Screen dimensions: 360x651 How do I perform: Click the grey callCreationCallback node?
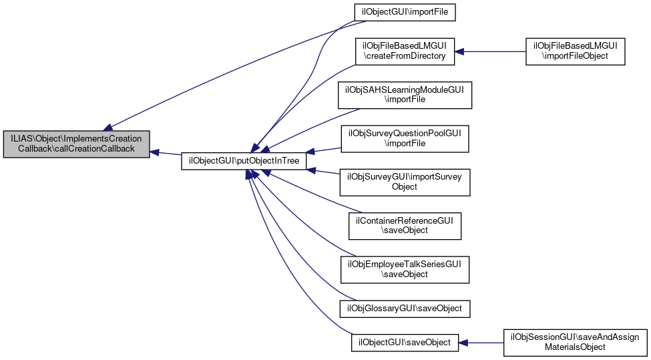pos(76,144)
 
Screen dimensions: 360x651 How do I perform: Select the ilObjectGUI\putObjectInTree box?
pos(244,161)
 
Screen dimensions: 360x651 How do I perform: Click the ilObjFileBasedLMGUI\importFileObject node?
pos(575,51)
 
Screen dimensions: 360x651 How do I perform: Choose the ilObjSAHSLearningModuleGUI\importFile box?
pos(405,94)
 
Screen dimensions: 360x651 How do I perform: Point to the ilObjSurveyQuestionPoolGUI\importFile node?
pos(405,138)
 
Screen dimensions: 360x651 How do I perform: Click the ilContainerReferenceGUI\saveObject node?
pos(405,225)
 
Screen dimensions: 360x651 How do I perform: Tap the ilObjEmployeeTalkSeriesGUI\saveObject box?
pos(405,268)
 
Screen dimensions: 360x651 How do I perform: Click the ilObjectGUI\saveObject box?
pos(405,343)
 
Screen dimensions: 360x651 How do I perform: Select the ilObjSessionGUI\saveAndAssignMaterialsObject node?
pos(575,343)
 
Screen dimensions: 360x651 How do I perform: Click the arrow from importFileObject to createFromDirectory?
pos(491,51)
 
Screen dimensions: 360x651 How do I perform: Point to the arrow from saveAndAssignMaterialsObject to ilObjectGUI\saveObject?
pos(481,343)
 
